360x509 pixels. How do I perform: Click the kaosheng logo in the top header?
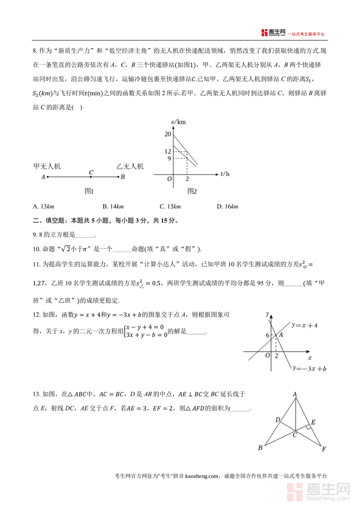coord(273,33)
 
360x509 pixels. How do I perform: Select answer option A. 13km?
coord(44,206)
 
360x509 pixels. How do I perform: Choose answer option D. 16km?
coord(227,206)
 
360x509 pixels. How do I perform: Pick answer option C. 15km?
coord(170,206)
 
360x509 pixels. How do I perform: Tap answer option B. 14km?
coord(113,206)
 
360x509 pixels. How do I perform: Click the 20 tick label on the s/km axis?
coord(168,134)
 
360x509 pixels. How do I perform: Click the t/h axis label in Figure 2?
coord(225,174)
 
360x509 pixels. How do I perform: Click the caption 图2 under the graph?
coord(192,191)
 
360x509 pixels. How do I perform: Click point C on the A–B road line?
coord(91,176)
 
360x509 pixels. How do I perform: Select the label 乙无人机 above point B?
coord(130,166)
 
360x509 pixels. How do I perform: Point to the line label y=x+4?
coord(305,325)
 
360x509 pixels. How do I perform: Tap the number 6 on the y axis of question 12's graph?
coord(267,335)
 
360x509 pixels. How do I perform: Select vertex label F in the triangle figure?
coord(324,449)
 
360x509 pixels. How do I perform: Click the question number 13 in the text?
coord(37,394)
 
